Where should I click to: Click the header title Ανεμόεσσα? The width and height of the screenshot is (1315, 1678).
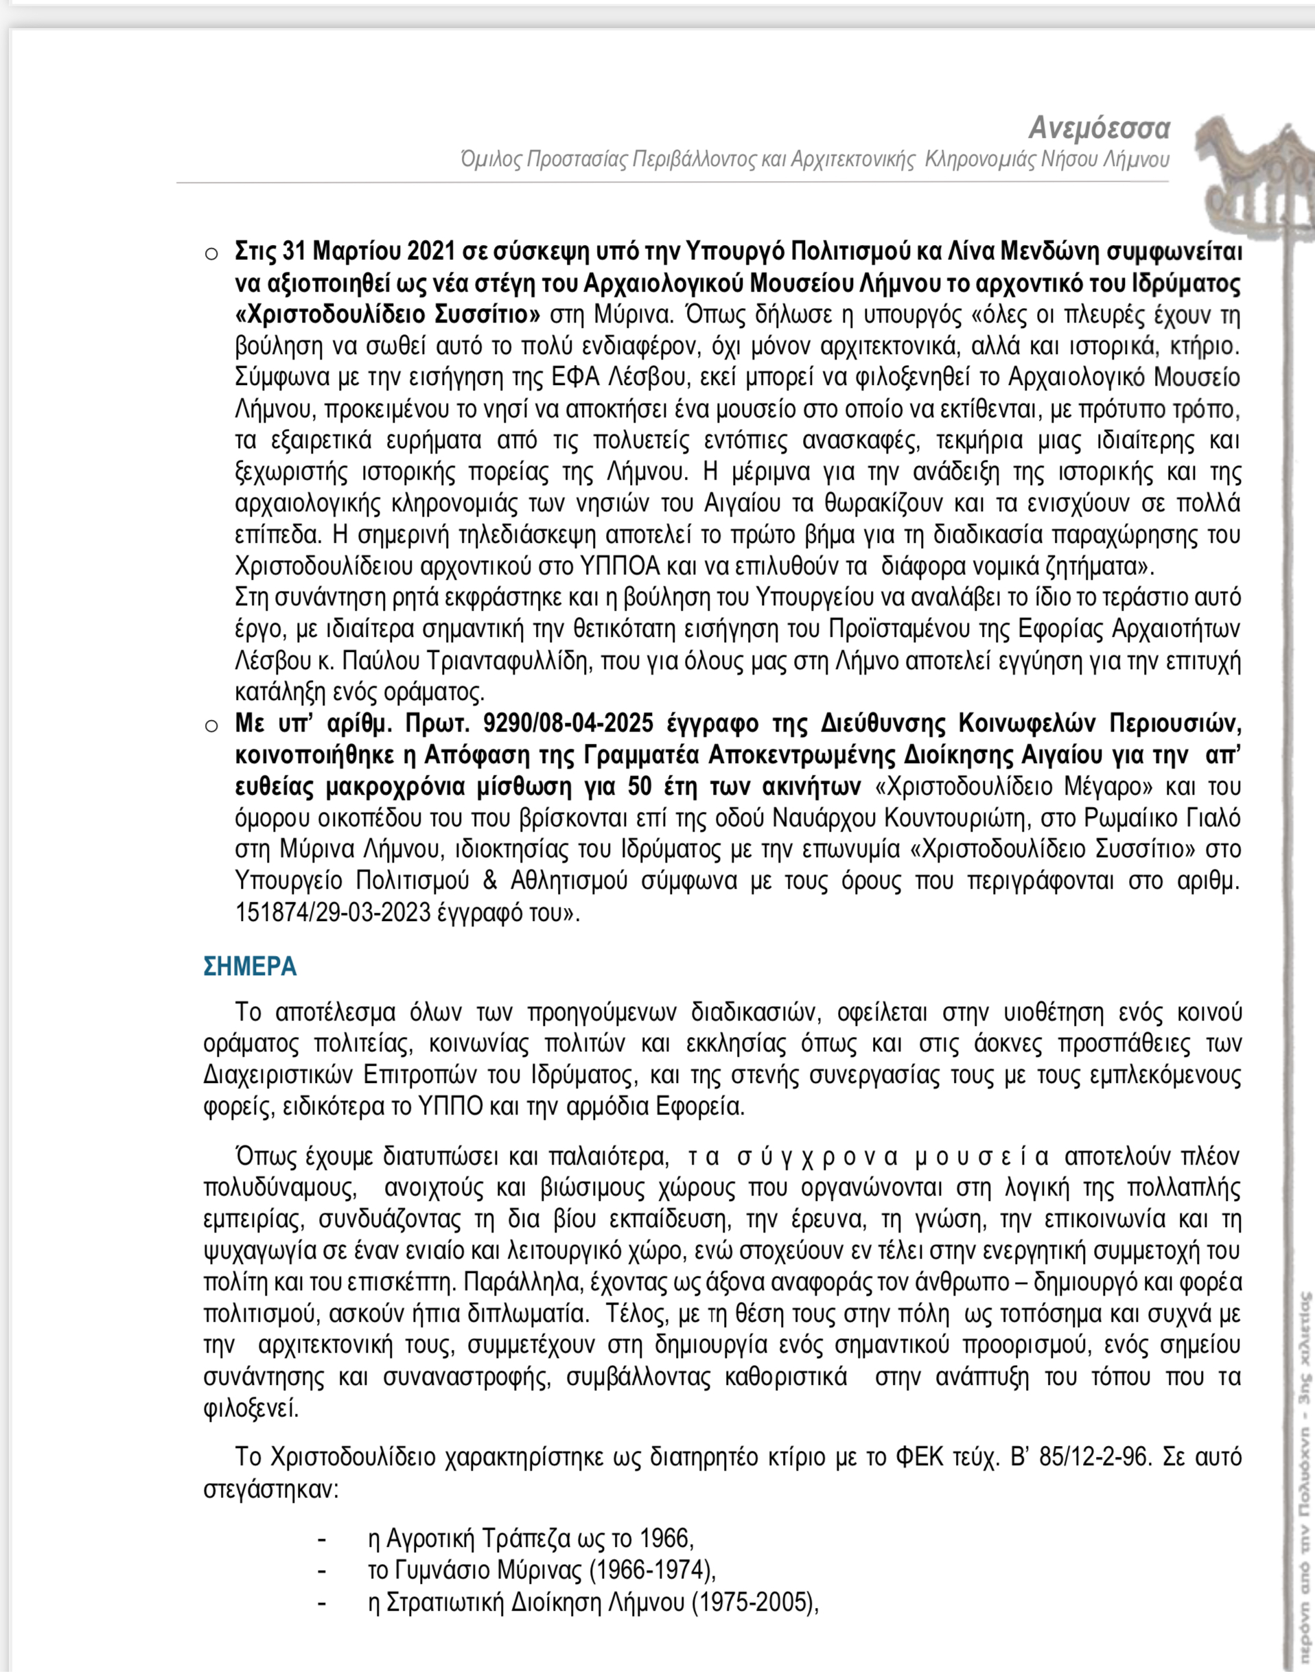tap(1099, 127)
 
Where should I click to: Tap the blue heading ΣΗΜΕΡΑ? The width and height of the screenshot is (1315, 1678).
tap(249, 966)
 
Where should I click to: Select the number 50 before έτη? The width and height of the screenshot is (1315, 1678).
tap(642, 786)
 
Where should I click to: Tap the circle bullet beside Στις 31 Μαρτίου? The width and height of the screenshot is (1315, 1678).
tap(211, 254)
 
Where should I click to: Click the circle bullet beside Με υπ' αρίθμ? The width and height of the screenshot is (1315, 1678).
tap(211, 726)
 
